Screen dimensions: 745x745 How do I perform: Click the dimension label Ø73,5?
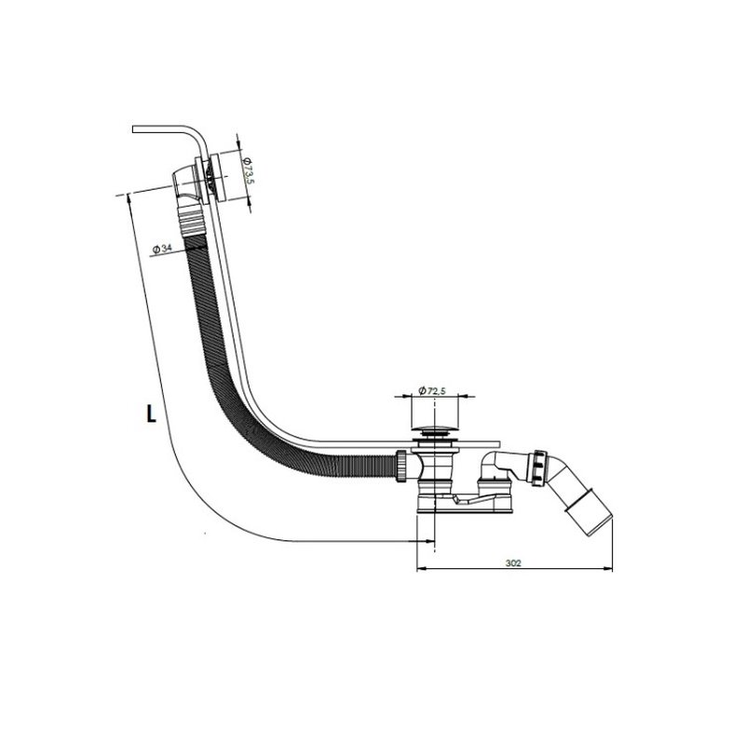(x=247, y=171)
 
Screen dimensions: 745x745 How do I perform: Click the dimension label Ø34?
(x=161, y=249)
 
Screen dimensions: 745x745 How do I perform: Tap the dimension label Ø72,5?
(x=431, y=390)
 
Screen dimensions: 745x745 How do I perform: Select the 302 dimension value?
(x=513, y=563)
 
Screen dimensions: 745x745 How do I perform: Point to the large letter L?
(x=151, y=413)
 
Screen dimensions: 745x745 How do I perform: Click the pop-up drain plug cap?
(x=434, y=430)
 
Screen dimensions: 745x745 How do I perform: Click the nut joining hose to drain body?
(x=400, y=466)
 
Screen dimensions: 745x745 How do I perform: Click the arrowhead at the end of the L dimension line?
(x=429, y=541)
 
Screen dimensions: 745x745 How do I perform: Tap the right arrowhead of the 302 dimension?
(x=607, y=568)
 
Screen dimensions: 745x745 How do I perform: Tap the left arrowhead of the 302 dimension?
(x=422, y=568)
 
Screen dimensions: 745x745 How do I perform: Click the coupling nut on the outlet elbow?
(x=539, y=467)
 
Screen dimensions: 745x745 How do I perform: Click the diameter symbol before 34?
(x=156, y=249)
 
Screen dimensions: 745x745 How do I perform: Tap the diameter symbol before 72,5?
(x=422, y=390)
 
